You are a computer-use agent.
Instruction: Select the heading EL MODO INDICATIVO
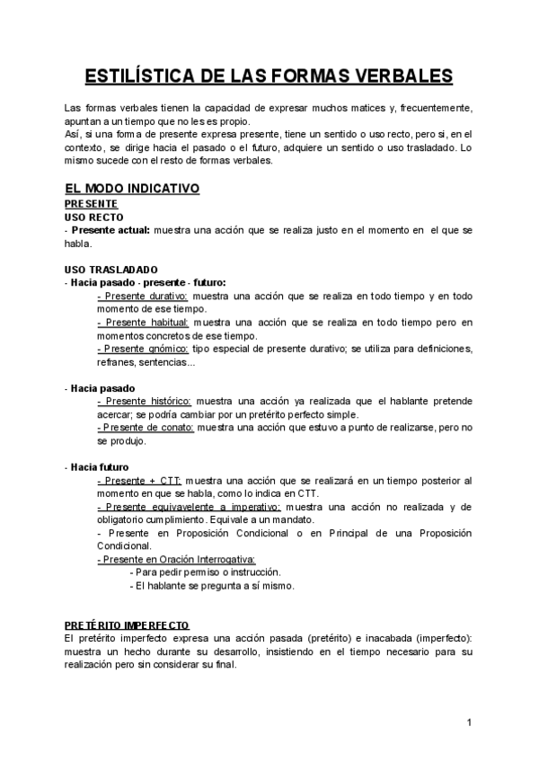tap(132, 189)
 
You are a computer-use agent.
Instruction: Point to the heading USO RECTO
tap(94, 217)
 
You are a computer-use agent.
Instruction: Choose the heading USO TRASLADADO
tap(111, 269)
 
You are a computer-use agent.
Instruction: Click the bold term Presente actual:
tap(110, 230)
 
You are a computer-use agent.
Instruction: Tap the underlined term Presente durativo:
tap(142, 296)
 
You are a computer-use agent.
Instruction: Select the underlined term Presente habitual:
tap(142, 322)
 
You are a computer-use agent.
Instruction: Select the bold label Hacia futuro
tap(100, 467)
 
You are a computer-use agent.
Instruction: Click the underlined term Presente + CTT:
tap(138, 481)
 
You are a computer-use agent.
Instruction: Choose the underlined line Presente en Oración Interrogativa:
tap(175, 559)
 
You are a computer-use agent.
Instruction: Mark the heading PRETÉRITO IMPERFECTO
tap(127, 625)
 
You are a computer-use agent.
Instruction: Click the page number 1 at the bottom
tap(470, 722)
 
